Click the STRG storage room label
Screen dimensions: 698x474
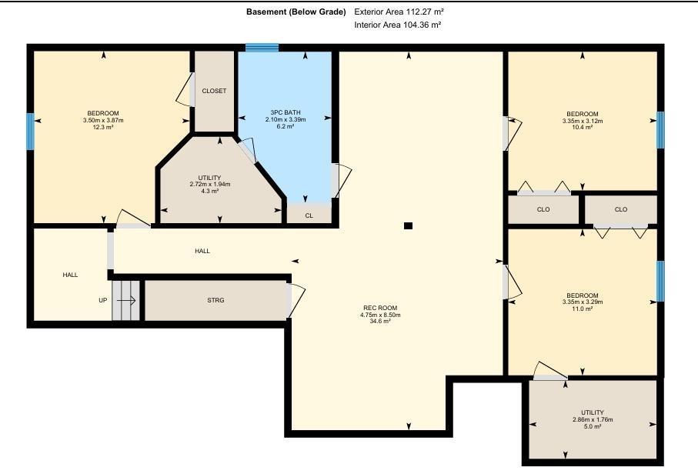pyautogui.click(x=216, y=300)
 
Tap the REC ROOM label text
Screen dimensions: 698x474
pyautogui.click(x=380, y=308)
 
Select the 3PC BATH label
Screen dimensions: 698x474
pyautogui.click(x=286, y=112)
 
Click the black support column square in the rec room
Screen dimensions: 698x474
pyautogui.click(x=408, y=225)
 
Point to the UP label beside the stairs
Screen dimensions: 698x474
pyautogui.click(x=103, y=300)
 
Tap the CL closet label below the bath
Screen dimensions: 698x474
pyautogui.click(x=309, y=215)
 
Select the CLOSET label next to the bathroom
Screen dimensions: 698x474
pyautogui.click(x=214, y=91)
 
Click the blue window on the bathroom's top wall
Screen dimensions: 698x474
pyautogui.click(x=262, y=48)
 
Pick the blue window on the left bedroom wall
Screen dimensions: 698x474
pyautogui.click(x=30, y=132)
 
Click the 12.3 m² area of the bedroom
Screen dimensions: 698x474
pyautogui.click(x=103, y=127)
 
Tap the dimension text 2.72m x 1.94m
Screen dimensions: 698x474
pyautogui.click(x=210, y=184)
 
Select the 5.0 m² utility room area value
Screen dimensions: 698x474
pyautogui.click(x=593, y=426)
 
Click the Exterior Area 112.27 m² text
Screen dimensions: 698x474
pyautogui.click(x=399, y=12)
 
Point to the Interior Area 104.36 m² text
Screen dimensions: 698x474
pyautogui.click(x=398, y=25)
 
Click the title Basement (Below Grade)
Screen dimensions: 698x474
pyautogui.click(x=296, y=12)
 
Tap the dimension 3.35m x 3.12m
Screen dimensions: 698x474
pyautogui.click(x=583, y=121)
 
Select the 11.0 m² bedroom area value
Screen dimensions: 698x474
pyautogui.click(x=583, y=309)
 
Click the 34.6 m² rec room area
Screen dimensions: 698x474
pyautogui.click(x=380, y=321)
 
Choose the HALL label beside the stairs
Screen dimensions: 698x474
pyautogui.click(x=70, y=275)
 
